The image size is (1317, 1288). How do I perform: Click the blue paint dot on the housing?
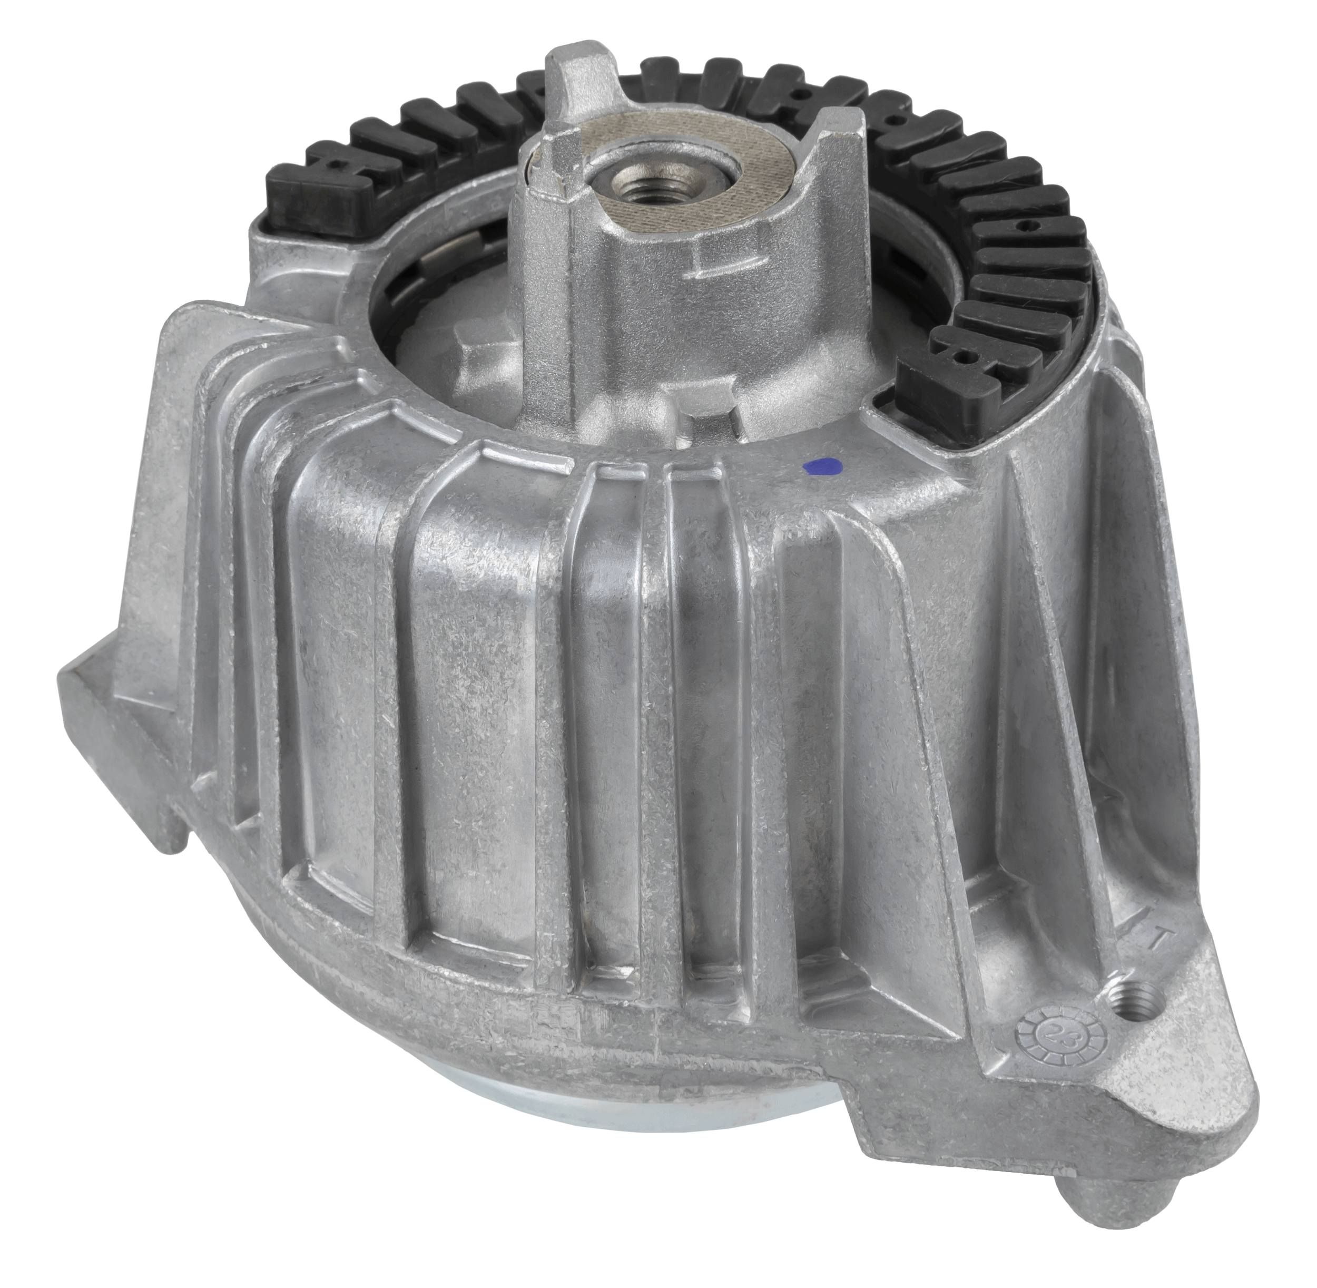tap(819, 465)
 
